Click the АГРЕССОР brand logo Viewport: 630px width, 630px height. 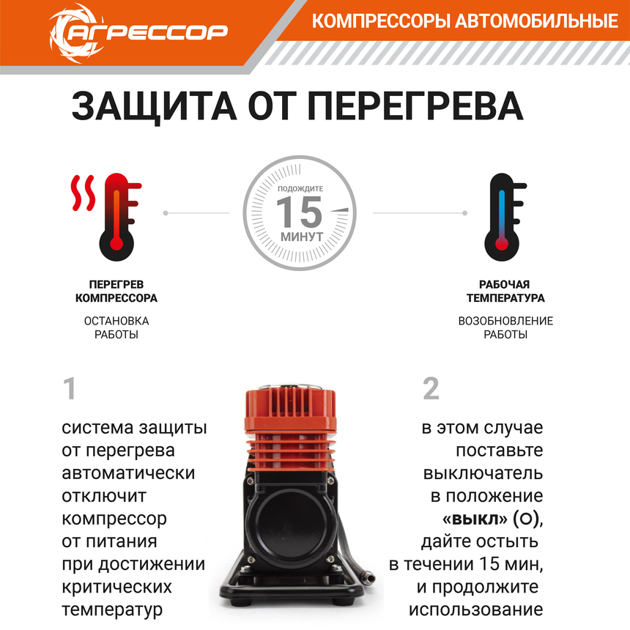click(138, 31)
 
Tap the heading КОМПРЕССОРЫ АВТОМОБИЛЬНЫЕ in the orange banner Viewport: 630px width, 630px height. click(464, 21)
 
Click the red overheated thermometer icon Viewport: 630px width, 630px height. click(116, 216)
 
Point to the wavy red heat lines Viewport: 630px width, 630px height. click(83, 192)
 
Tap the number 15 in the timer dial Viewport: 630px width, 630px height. click(298, 212)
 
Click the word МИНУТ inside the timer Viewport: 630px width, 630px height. click(301, 237)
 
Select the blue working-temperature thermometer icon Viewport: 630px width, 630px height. click(502, 216)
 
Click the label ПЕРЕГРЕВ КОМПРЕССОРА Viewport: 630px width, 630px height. click(116, 291)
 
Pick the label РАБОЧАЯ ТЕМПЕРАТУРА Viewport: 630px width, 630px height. click(505, 291)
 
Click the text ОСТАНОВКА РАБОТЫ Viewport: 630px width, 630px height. click(116, 327)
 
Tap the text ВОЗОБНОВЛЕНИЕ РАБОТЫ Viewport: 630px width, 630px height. click(505, 327)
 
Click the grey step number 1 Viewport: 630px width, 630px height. click(70, 389)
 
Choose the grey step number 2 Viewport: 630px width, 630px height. click(431, 389)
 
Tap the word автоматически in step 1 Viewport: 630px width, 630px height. click(128, 472)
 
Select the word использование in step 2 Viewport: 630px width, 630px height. click(475, 609)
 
